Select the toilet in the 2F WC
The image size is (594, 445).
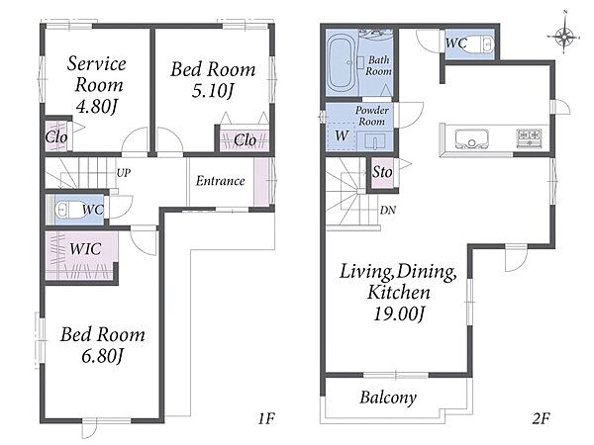point(483,44)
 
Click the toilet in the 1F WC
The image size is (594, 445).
point(70,210)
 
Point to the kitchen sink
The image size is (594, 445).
point(471,138)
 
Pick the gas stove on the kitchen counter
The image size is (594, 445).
point(530,137)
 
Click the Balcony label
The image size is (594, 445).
point(388,398)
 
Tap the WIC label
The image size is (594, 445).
point(85,248)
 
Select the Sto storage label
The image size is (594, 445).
point(382,172)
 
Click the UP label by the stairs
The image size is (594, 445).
point(124,173)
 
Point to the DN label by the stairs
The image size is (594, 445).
point(388,210)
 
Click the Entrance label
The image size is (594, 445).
point(220,181)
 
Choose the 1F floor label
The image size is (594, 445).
point(266,418)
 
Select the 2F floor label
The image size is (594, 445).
point(541,418)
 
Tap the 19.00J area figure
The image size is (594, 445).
point(399,313)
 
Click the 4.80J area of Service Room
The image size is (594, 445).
point(96,107)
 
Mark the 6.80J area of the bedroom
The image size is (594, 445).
point(102,356)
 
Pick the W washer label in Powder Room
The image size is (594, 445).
point(342,135)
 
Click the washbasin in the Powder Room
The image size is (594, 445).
point(374,141)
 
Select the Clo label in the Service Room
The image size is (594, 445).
point(56,136)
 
